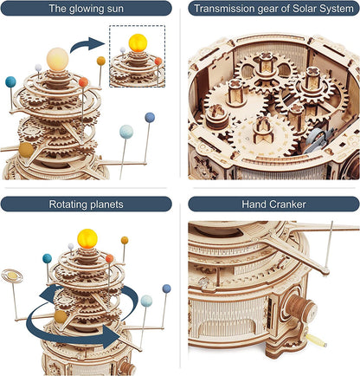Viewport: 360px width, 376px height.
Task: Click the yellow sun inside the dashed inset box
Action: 138,42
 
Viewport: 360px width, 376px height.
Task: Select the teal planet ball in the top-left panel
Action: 10,82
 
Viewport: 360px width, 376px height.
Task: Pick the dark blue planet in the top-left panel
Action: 150,116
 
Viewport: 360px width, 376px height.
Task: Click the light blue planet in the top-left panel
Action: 126,131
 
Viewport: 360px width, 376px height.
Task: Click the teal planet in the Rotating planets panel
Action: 47,258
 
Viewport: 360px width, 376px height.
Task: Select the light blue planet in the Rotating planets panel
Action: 147,301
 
